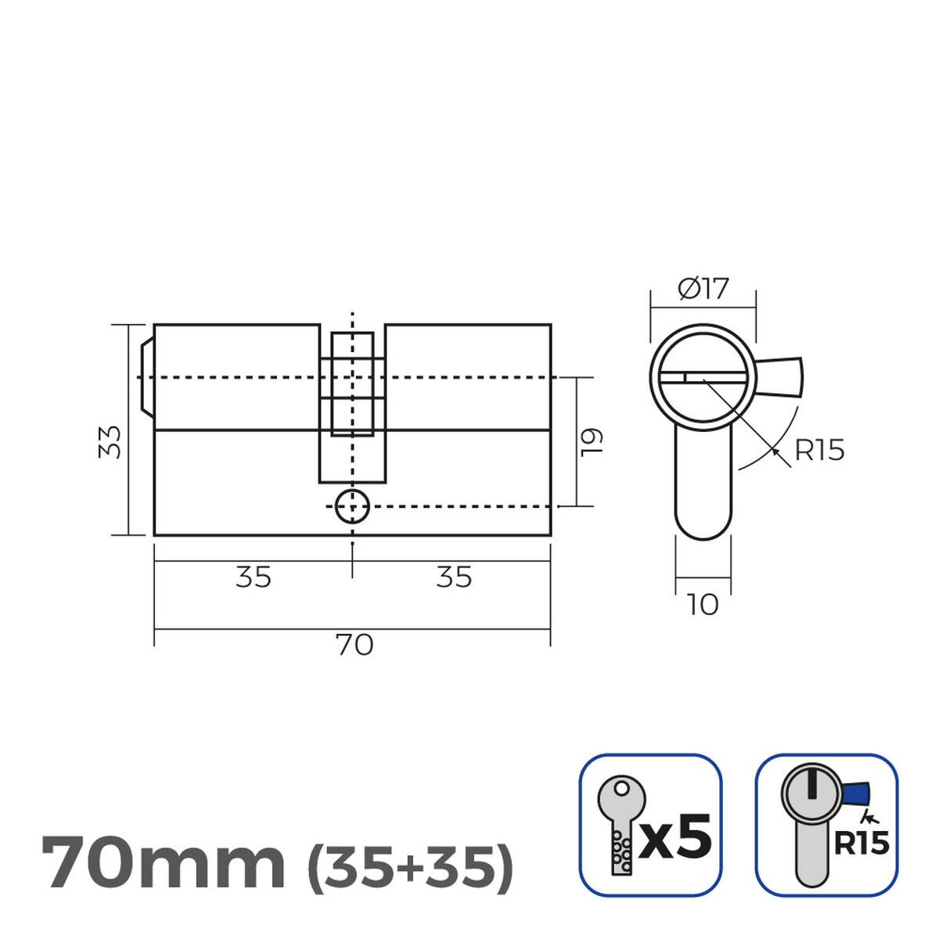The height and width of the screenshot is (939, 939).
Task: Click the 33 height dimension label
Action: click(113, 442)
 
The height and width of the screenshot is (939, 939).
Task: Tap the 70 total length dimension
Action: click(354, 646)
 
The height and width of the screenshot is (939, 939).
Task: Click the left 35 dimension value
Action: click(254, 577)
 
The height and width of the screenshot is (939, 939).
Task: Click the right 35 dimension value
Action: click(454, 577)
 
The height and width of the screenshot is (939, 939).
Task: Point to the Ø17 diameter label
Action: click(703, 290)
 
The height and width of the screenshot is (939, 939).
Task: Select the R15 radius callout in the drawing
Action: click(819, 451)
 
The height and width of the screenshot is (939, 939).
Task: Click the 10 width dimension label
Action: click(703, 605)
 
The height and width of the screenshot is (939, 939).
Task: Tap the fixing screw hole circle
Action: click(352, 507)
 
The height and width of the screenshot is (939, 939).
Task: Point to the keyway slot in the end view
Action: click(700, 377)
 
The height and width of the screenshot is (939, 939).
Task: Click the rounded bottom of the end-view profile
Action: click(703, 524)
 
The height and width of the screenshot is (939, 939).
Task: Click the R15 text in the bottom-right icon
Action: click(861, 843)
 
